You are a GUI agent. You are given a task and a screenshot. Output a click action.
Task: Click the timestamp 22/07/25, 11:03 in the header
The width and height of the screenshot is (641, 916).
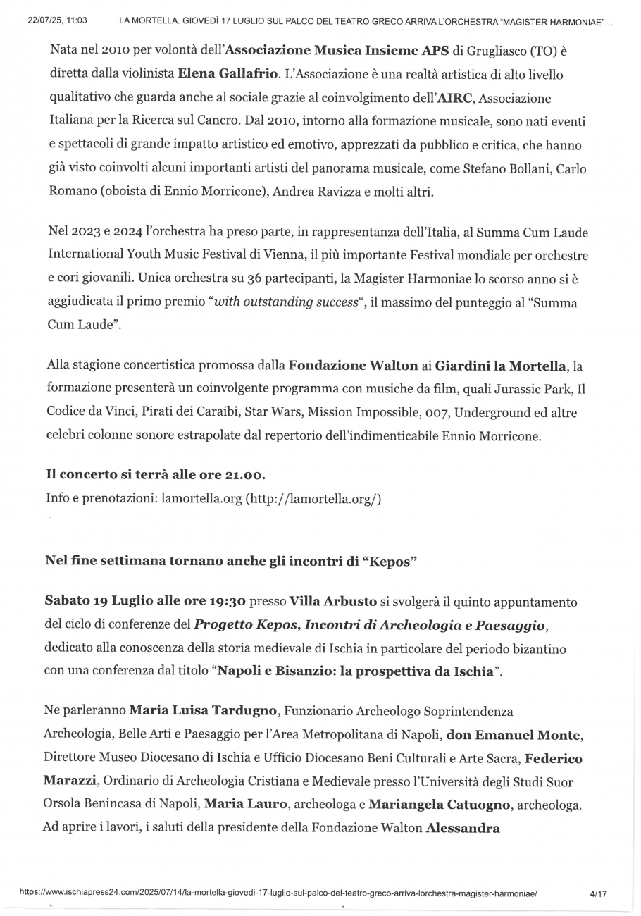[x=57, y=21]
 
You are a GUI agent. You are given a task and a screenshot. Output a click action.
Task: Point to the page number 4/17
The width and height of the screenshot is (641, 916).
[x=599, y=893]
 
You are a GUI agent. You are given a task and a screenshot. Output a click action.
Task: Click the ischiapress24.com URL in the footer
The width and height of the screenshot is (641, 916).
[x=278, y=893]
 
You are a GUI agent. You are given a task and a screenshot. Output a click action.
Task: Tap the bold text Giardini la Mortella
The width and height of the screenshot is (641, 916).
[x=500, y=365]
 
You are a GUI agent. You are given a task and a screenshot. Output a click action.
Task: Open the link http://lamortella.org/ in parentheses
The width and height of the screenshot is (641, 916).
[x=313, y=499]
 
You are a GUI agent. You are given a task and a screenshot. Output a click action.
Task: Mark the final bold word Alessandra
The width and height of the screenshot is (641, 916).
[x=463, y=827]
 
